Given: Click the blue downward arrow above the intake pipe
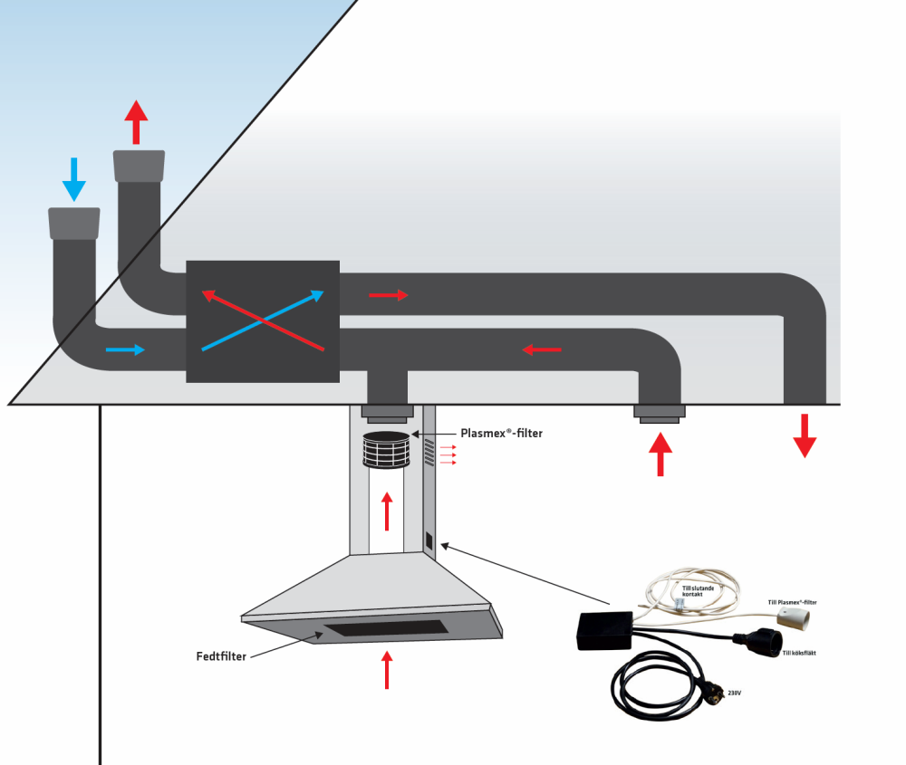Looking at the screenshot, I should tap(74, 179).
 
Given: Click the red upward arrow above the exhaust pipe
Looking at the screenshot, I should tap(136, 122).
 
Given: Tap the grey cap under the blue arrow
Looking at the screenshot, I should tap(73, 223).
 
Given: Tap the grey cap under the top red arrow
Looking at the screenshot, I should tap(139, 165).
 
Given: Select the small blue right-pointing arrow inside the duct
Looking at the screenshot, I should tap(125, 349).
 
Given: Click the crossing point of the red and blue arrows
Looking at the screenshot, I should tap(262, 320).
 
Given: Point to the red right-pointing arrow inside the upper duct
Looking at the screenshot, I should tap(389, 295).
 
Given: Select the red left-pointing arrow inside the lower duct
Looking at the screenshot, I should tap(543, 349).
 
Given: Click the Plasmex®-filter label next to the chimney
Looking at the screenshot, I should tap(501, 434).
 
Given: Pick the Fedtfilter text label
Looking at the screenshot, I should tap(220, 655).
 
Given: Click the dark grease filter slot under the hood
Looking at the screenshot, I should tap(386, 627).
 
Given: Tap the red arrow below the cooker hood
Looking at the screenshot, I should tap(388, 670).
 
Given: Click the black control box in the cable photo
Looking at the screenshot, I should tap(604, 629).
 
